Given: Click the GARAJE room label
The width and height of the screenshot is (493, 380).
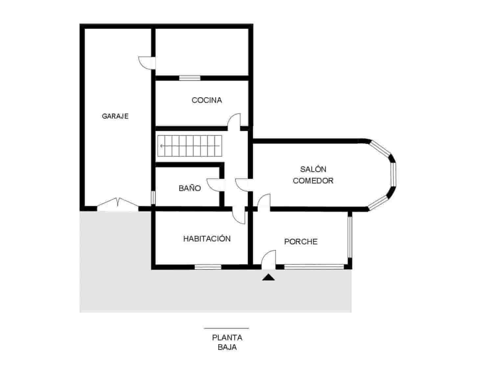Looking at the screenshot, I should tap(115, 116).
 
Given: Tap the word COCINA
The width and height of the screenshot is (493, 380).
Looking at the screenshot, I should tap(207, 100).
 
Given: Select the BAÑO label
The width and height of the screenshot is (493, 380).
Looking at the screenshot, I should tap(190, 188).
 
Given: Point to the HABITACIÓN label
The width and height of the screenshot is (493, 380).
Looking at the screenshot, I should tap(207, 239).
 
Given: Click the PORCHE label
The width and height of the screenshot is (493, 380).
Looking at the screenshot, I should tap(301, 242).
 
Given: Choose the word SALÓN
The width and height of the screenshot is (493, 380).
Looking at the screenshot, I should tap(313, 169).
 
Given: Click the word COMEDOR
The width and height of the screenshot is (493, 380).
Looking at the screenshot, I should tap(313, 181).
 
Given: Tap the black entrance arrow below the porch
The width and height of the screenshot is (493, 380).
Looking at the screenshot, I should tap(269, 278).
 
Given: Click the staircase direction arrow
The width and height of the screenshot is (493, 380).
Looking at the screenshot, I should tap(162, 145).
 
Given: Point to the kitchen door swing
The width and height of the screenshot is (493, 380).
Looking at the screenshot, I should tap(235, 120).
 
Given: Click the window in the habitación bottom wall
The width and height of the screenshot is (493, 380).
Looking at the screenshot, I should tap(208, 267).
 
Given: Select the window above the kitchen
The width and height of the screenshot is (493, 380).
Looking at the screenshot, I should tap(190, 78).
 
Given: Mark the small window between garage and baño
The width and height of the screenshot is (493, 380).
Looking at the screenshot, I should tap(153, 198).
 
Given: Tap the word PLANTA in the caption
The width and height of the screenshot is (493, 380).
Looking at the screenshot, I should tap(227, 338).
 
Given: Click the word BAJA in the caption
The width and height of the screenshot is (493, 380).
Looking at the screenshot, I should tap(227, 347).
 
